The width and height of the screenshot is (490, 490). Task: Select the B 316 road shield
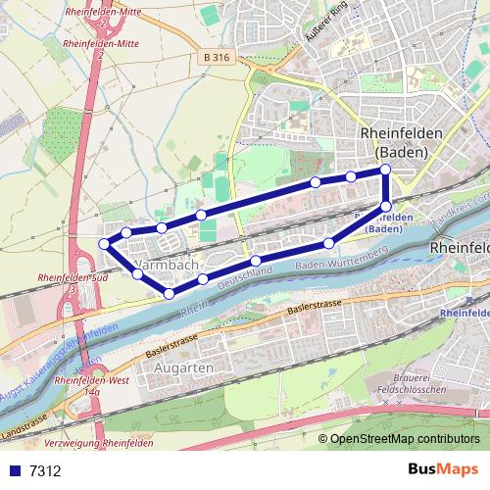click(x=220, y=59)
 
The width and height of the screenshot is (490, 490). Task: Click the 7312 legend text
click(x=46, y=471)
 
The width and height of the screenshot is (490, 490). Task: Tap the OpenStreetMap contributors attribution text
click(x=405, y=440)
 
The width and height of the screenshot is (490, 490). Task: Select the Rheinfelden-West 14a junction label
click(x=92, y=384)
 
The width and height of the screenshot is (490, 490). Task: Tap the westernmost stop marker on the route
click(x=105, y=243)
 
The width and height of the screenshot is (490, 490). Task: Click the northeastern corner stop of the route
click(x=385, y=170)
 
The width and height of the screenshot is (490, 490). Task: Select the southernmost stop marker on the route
click(x=169, y=293)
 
